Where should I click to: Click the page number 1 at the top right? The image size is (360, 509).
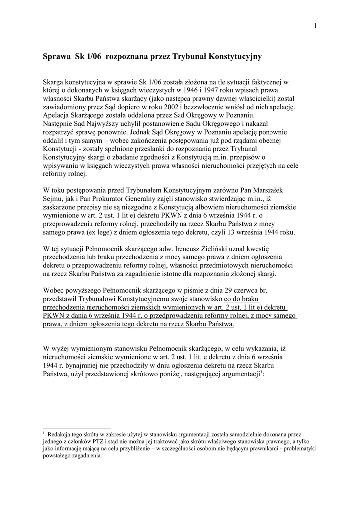(x=315, y=26)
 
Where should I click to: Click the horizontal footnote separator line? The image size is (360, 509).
(x=77, y=428)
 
